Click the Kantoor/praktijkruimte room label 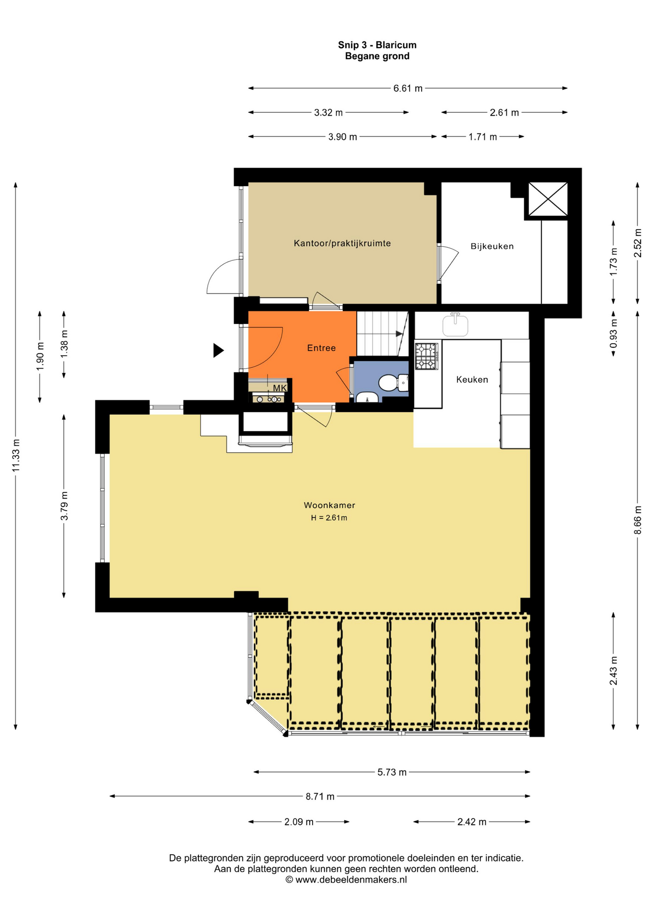(x=342, y=244)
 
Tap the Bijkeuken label (x=492, y=246)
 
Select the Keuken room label (x=472, y=380)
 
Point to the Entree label (x=321, y=348)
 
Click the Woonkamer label (x=329, y=505)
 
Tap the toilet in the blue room (x=393, y=383)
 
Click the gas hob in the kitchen (x=427, y=356)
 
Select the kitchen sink (x=455, y=325)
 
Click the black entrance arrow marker (x=218, y=350)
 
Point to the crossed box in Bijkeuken (x=548, y=199)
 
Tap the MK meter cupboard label (x=280, y=388)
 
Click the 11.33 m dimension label (x=16, y=455)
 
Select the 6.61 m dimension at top (x=408, y=89)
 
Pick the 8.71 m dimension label (x=320, y=796)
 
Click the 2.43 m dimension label (x=614, y=671)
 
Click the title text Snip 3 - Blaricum (x=377, y=45)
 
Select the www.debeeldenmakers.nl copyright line (x=346, y=880)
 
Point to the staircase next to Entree (x=382, y=334)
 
